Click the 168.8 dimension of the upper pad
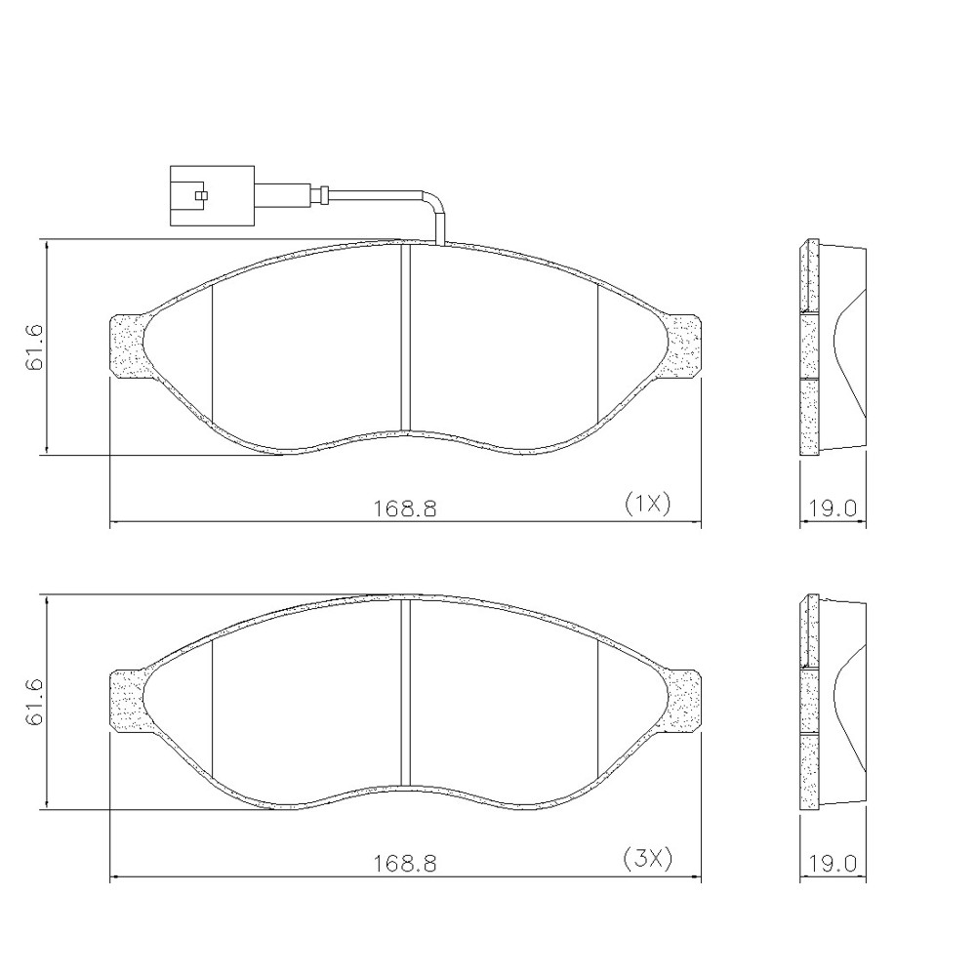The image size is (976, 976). [x=405, y=508]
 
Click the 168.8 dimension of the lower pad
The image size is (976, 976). [x=405, y=864]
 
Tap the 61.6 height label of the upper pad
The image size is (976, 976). [x=35, y=346]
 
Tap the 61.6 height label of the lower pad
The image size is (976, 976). [x=35, y=702]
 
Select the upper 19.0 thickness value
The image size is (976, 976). [x=833, y=508]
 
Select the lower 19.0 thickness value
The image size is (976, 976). [x=833, y=864]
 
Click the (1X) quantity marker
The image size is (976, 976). [x=647, y=504]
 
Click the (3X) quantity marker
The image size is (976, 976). [x=647, y=859]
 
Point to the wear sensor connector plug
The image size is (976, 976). [x=212, y=195]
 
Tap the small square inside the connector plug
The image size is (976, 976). [x=200, y=196]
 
